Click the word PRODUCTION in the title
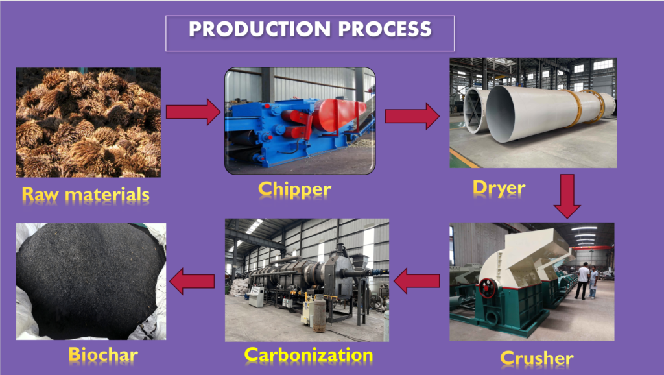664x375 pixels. tap(259, 29)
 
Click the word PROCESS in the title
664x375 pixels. tap(385, 29)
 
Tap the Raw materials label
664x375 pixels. tap(86, 195)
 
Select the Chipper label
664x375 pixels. tap(295, 190)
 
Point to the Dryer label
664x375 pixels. tap(499, 189)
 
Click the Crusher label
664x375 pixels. tap(537, 359)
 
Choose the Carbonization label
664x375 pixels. tap(309, 355)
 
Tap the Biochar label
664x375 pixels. tap(103, 355)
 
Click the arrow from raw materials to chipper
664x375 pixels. tap(193, 112)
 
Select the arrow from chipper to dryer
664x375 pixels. tap(412, 116)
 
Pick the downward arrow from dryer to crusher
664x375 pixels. tap(567, 196)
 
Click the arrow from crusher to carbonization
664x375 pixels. tap(417, 281)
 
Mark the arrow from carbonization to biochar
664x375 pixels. tap(192, 282)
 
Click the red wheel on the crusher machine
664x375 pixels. tap(488, 288)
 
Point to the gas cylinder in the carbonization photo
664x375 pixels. tap(319, 313)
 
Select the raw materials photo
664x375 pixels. tap(88, 123)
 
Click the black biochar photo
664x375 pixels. tap(91, 282)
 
